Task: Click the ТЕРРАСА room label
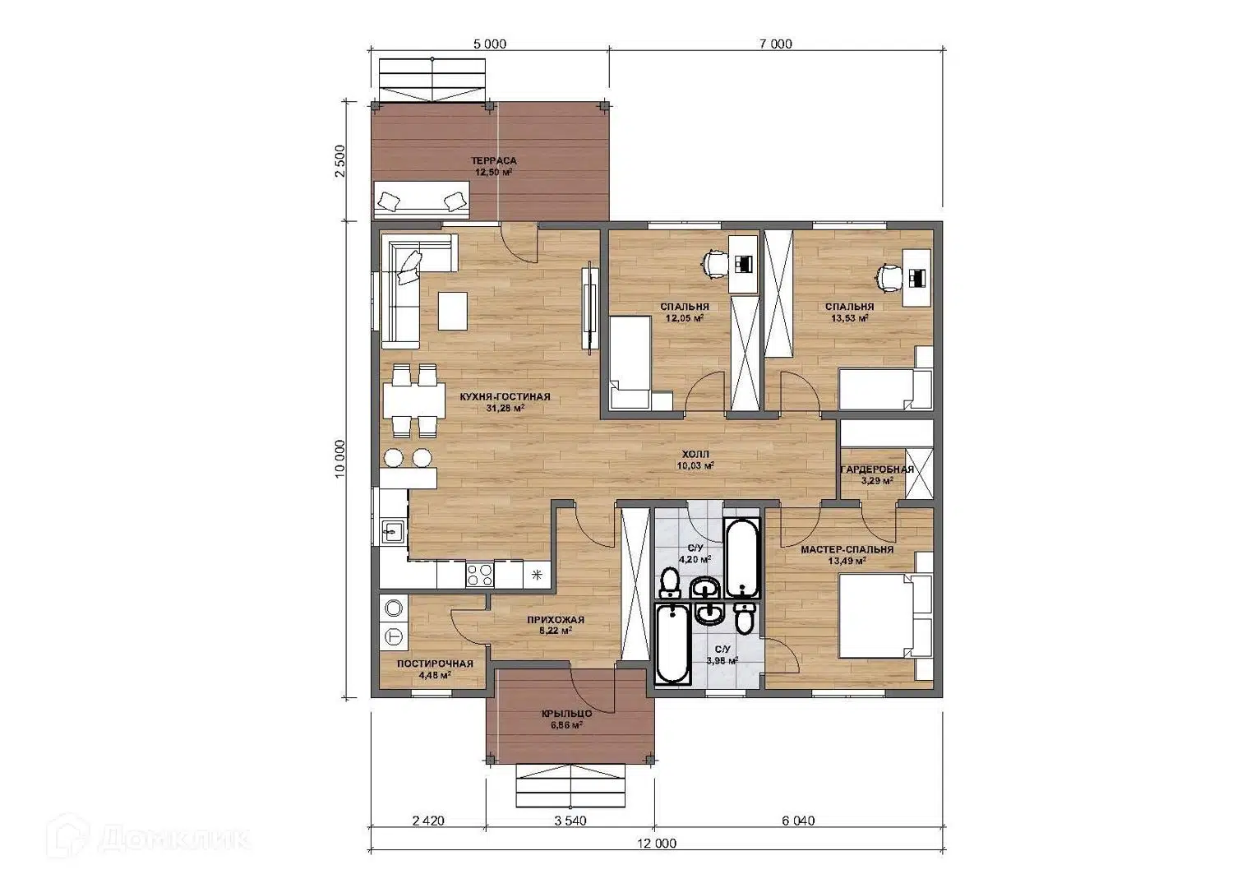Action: pyautogui.click(x=493, y=161)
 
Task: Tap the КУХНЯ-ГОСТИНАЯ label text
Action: pyautogui.click(x=505, y=397)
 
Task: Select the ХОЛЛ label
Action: pyautogui.click(x=695, y=455)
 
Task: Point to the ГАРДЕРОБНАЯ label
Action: pyautogui.click(x=877, y=469)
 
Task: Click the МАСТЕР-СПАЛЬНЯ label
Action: pyautogui.click(x=847, y=550)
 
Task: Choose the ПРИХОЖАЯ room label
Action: pyautogui.click(x=556, y=620)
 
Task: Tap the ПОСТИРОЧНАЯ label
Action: pyautogui.click(x=435, y=664)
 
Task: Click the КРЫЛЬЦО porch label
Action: pyautogui.click(x=566, y=715)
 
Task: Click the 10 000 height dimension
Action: pyautogui.click(x=340, y=459)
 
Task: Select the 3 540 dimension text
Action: pyautogui.click(x=570, y=821)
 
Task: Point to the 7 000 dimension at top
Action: pyautogui.click(x=776, y=44)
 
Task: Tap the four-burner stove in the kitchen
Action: pyautogui.click(x=480, y=574)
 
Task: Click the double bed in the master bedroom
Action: pyautogui.click(x=886, y=617)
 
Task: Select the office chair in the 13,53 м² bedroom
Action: pyautogui.click(x=888, y=278)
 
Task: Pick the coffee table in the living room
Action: pyautogui.click(x=453, y=311)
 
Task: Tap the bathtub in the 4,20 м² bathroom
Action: pyautogui.click(x=741, y=557)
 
